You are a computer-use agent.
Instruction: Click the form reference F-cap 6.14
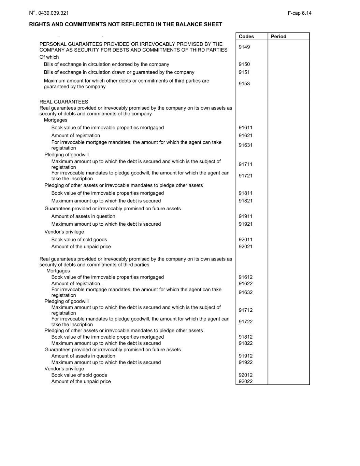(299, 13)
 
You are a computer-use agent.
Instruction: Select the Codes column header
(246, 37)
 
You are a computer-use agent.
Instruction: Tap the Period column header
(278, 37)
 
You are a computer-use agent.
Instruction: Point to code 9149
(244, 47)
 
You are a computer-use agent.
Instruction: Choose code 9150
(244, 64)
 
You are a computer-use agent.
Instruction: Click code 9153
(244, 84)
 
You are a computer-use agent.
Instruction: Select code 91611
(245, 128)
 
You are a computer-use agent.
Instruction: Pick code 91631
(245, 145)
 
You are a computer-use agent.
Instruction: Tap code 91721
(245, 176)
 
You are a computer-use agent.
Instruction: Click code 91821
(245, 201)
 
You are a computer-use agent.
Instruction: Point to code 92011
(245, 240)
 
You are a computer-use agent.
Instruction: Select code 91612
(245, 277)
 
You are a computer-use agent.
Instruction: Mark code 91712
(245, 310)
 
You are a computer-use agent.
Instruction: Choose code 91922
(245, 363)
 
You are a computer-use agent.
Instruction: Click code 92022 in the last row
(245, 382)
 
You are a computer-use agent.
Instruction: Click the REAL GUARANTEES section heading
(64, 102)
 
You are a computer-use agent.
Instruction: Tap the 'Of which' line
(49, 57)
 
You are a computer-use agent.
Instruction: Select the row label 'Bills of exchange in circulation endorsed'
(106, 64)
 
